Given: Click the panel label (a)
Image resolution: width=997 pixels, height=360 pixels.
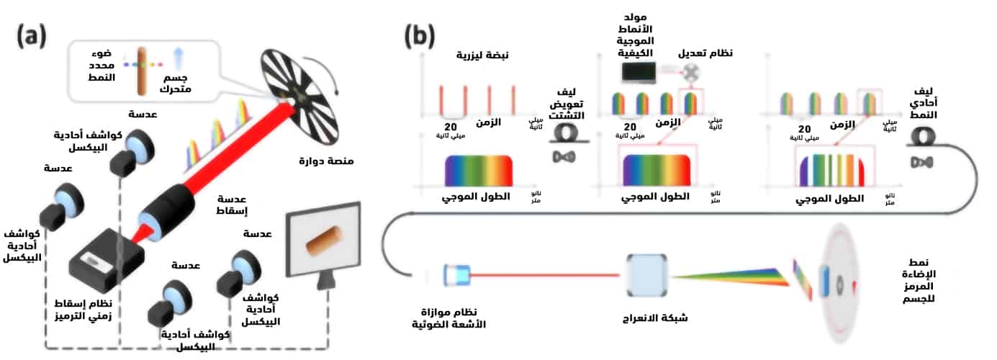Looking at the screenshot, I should [x=32, y=34].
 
